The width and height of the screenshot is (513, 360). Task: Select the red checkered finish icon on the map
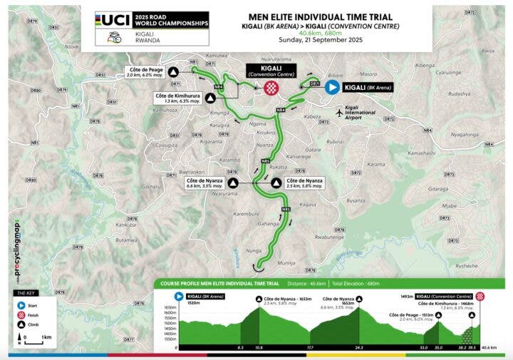pos(271,88)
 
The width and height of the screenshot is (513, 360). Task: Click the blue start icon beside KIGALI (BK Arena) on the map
pos(332,88)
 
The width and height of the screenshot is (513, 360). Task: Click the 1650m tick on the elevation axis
pos(170,311)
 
